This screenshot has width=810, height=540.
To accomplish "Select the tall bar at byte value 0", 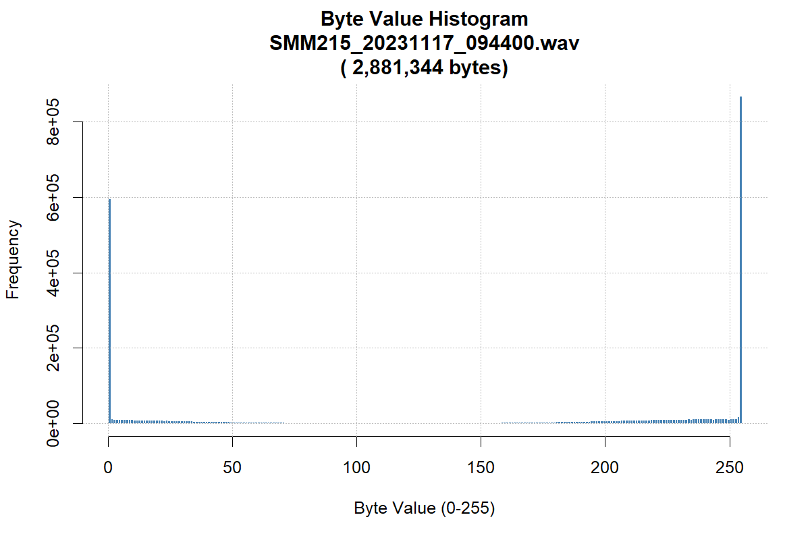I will click(109, 310).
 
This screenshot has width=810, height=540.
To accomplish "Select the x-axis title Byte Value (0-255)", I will click(425, 508).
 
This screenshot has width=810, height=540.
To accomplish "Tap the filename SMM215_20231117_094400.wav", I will click(425, 43).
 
